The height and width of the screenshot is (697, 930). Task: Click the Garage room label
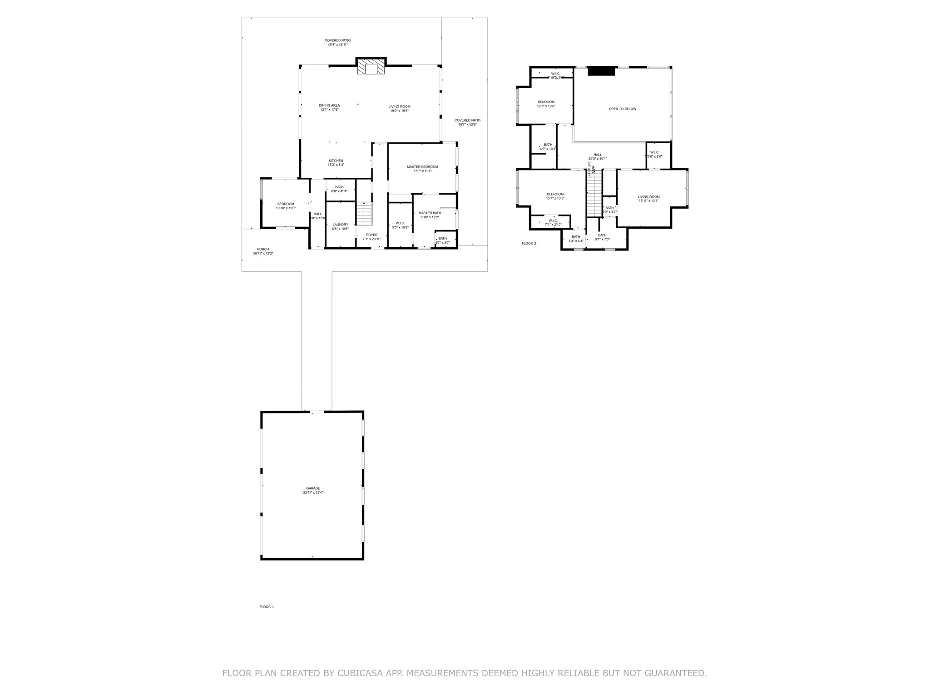click(x=313, y=490)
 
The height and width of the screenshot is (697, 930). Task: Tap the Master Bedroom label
click(x=422, y=168)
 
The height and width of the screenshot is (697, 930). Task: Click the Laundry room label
click(x=340, y=226)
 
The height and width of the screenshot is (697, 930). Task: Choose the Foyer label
click(x=371, y=236)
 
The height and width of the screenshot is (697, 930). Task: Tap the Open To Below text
click(x=622, y=109)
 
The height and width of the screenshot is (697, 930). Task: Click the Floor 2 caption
click(x=529, y=243)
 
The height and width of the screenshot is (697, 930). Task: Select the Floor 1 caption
click(x=267, y=607)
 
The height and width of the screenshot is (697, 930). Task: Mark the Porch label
click(x=263, y=251)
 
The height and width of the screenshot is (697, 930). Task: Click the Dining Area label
click(x=329, y=107)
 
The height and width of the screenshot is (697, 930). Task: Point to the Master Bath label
click(x=430, y=215)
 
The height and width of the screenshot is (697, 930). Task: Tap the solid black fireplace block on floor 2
click(x=601, y=71)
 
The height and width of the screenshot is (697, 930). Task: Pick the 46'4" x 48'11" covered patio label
click(x=337, y=42)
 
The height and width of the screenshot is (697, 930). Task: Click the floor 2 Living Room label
click(x=648, y=198)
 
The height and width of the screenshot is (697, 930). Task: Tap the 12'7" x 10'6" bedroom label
click(x=546, y=103)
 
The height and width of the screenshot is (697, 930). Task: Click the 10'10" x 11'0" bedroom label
click(x=286, y=206)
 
